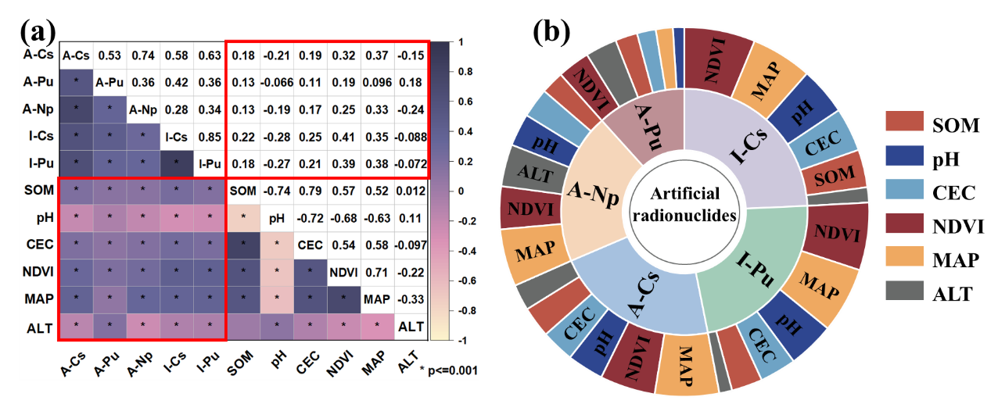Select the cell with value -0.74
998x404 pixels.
(x=276, y=191)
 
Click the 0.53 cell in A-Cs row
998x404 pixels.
(x=109, y=55)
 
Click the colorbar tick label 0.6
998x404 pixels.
(x=462, y=101)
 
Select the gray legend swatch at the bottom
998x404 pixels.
(x=904, y=291)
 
